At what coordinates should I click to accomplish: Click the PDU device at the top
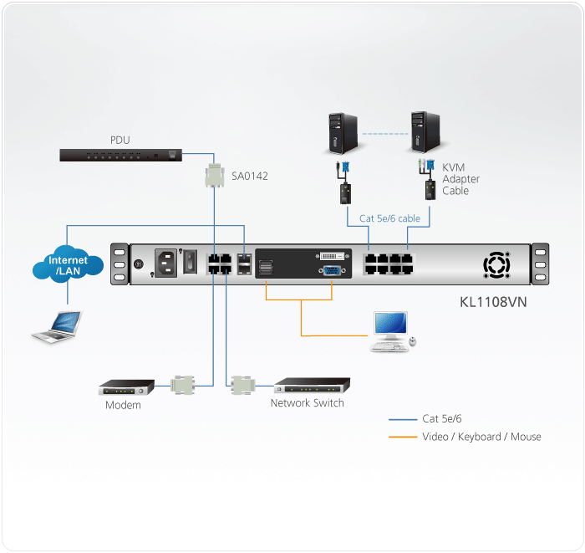[120, 155]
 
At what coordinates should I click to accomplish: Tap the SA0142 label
[251, 177]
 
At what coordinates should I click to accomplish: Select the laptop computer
[58, 325]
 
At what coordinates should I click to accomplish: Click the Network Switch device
[312, 386]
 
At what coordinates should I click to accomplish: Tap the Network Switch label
[307, 403]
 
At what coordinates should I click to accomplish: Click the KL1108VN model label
[494, 300]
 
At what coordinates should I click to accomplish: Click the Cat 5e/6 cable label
[389, 219]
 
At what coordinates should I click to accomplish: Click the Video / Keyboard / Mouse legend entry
[481, 437]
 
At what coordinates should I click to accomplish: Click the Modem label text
[123, 406]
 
